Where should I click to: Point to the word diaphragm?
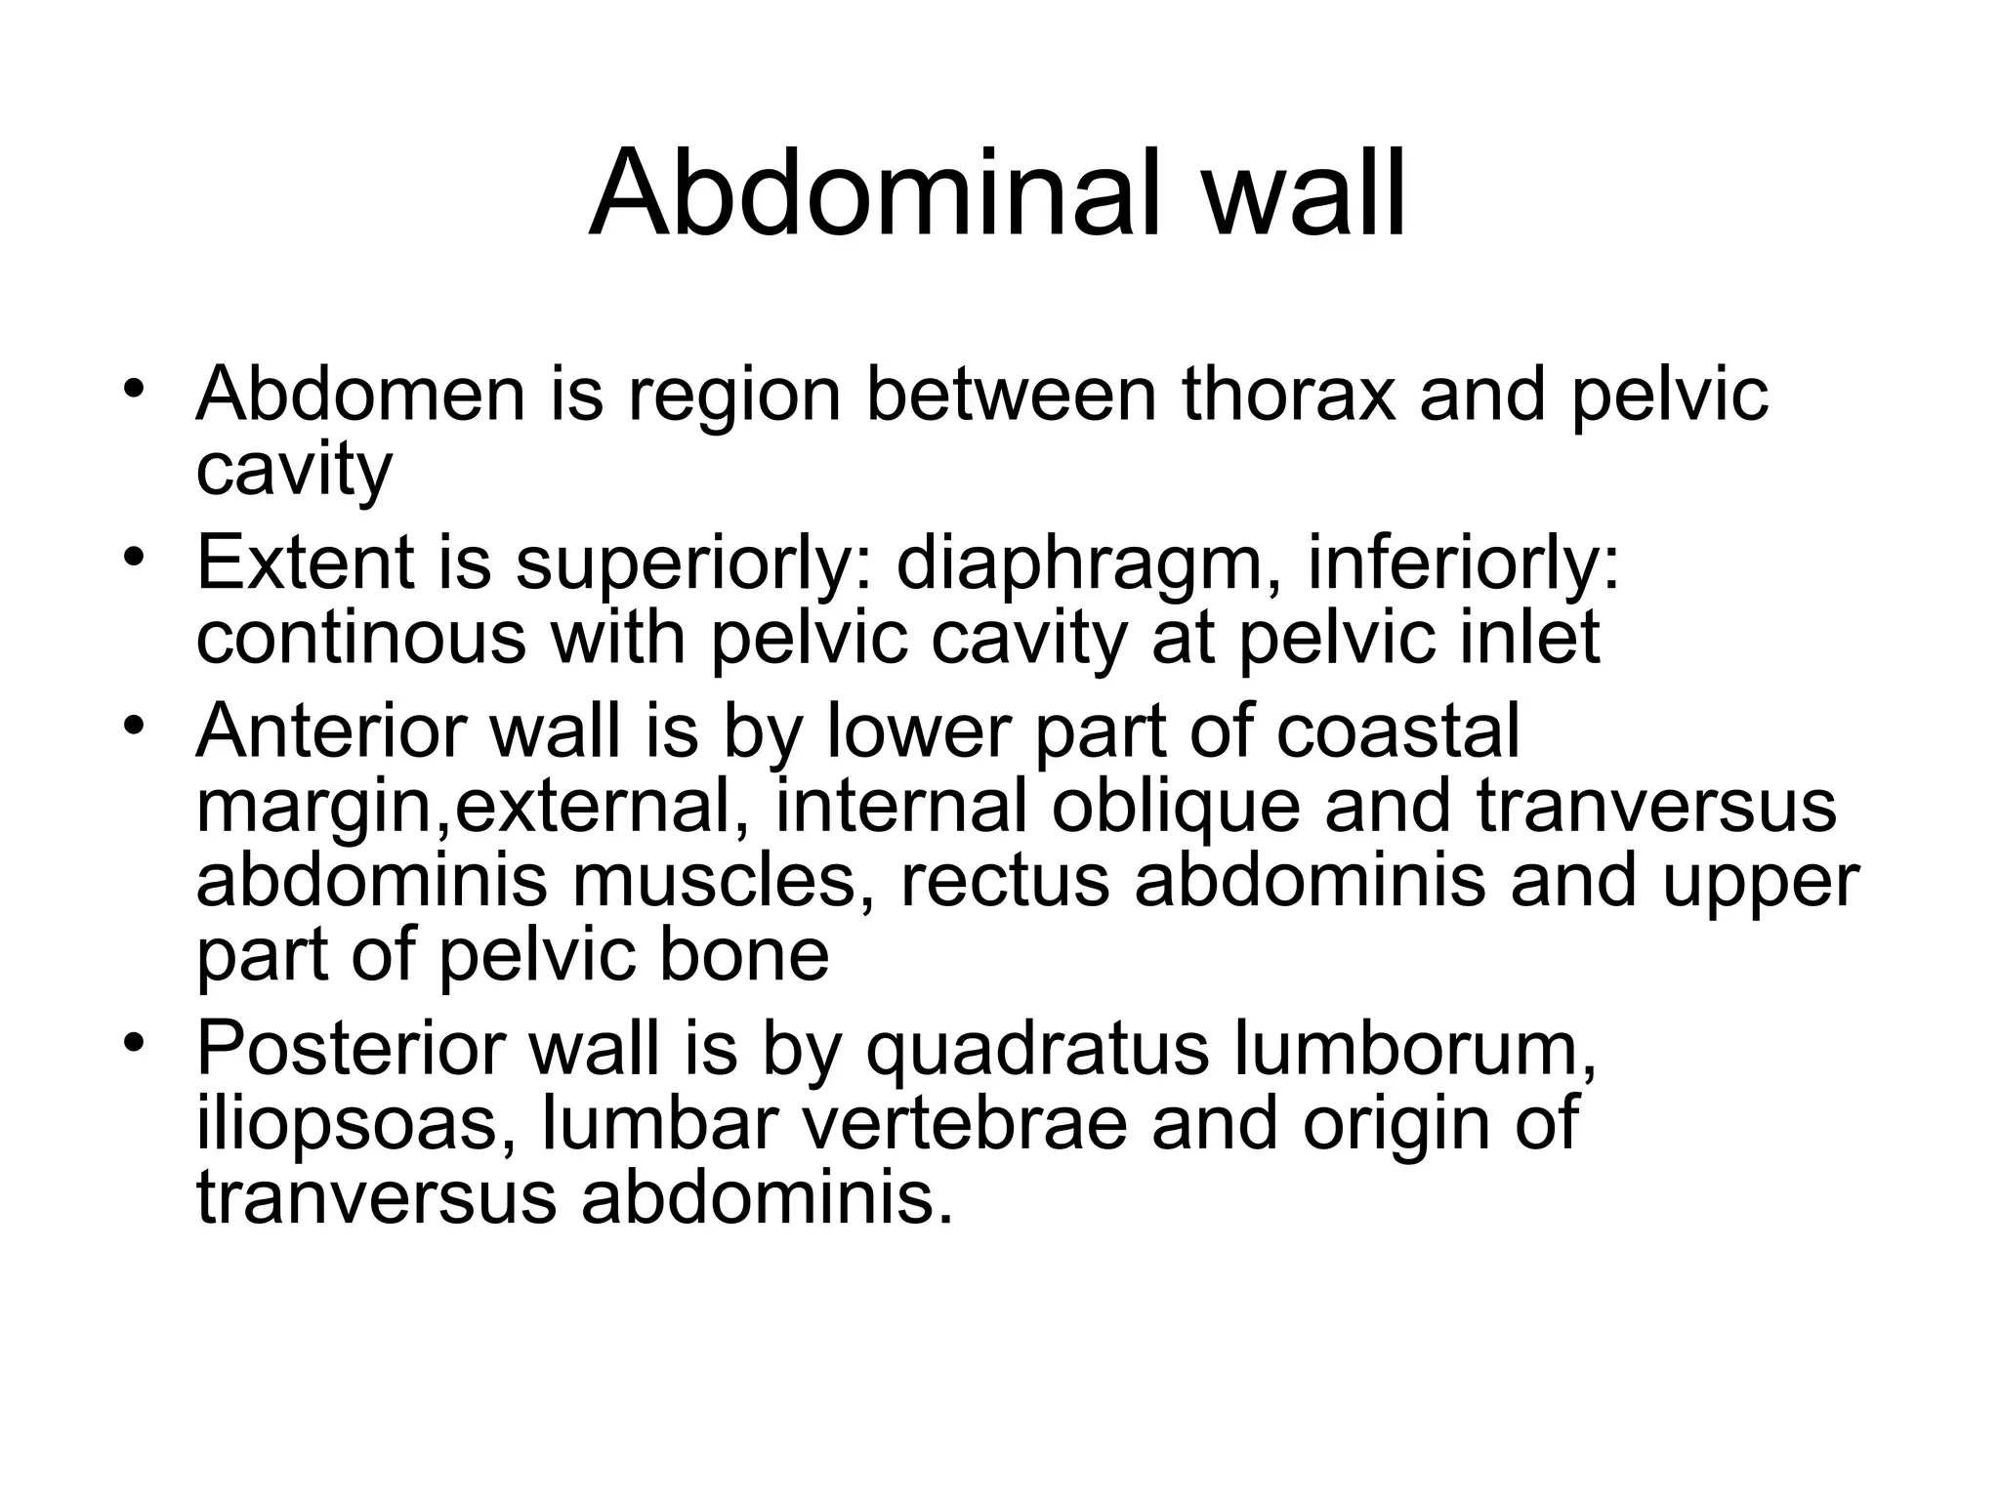pos(1078,564)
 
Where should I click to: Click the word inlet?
pos(1524,637)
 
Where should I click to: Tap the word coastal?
pos(1397,731)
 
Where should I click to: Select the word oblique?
pos(1176,807)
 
